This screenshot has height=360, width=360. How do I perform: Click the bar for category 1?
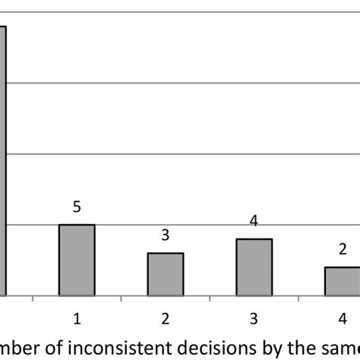[x=77, y=260]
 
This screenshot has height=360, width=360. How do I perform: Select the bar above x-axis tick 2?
[x=165, y=273]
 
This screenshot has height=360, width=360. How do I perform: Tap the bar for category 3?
[x=254, y=267]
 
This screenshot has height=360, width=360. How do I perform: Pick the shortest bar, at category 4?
[x=342, y=280]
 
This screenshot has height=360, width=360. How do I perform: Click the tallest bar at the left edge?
[x=3, y=160]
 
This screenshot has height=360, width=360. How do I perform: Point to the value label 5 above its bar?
[x=77, y=207]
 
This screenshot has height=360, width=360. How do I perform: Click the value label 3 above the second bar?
[x=165, y=235]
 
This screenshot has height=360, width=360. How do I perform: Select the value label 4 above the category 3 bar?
[x=254, y=221]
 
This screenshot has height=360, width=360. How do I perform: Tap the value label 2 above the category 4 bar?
[x=342, y=250]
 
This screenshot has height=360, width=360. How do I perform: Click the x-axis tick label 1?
[x=77, y=314]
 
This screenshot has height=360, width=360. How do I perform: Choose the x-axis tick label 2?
[x=165, y=314]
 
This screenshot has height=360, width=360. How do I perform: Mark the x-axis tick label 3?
[x=254, y=314]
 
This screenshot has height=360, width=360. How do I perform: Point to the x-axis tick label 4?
[x=342, y=314]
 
